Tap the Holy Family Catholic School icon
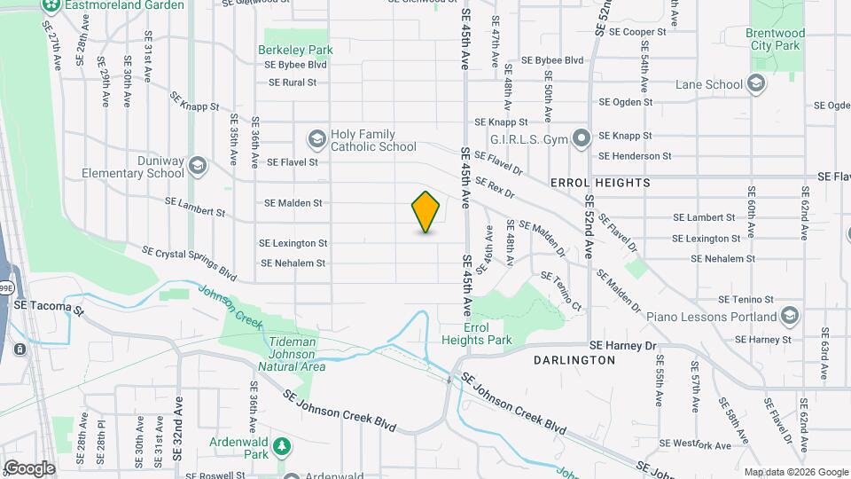[316, 139]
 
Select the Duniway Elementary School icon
[197, 166]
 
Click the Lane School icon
[756, 84]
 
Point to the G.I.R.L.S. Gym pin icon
[582, 138]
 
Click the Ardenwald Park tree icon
[282, 444]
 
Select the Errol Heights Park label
[476, 334]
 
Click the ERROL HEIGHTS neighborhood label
[600, 183]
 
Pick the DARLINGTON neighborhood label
[574, 360]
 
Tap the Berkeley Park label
[296, 50]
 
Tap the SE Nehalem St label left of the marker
[293, 263]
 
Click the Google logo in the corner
[28, 467]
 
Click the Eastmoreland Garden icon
[50, 5]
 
